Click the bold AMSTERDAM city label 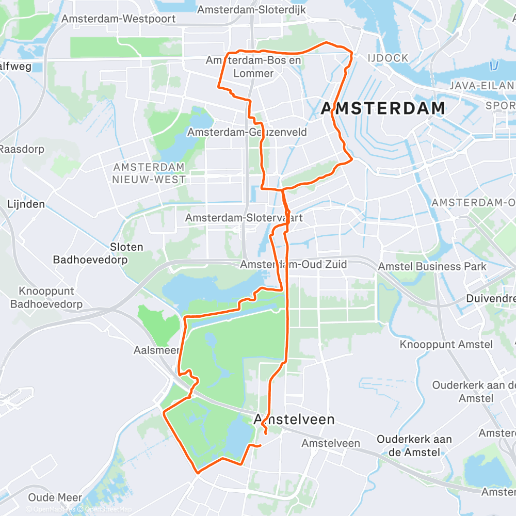[x=383, y=108]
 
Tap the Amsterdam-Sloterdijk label [x=251, y=10]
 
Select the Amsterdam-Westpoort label [x=118, y=19]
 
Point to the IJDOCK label [x=389, y=58]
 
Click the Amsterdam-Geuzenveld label [x=247, y=133]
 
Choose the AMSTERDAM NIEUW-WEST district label [x=149, y=173]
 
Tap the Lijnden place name [x=26, y=204]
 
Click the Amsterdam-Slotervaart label [x=244, y=218]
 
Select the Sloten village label [x=126, y=247]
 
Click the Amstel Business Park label [x=432, y=267]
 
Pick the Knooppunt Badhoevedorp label [x=46, y=298]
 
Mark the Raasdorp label [x=22, y=149]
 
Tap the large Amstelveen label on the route [x=295, y=420]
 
